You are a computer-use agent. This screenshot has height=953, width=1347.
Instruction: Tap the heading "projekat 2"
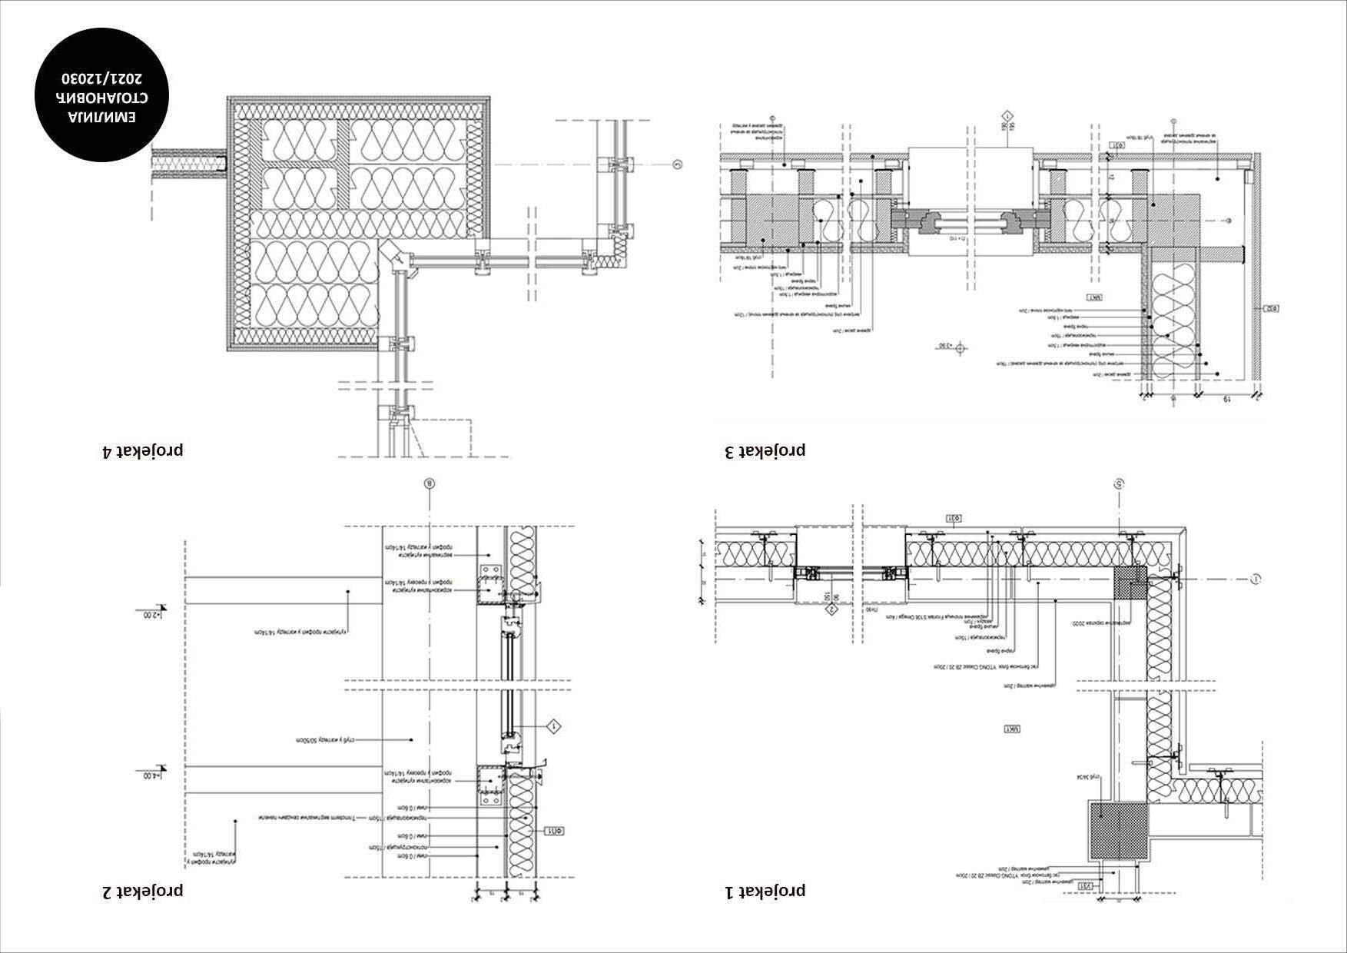click(x=143, y=891)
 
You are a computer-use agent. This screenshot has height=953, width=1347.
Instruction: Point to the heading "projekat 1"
click(x=765, y=891)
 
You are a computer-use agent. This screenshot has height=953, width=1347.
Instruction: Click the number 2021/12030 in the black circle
click(x=102, y=78)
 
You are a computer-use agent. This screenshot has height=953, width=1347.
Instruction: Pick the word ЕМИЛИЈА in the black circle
click(x=102, y=118)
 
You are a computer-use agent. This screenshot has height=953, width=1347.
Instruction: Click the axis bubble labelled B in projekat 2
click(x=430, y=484)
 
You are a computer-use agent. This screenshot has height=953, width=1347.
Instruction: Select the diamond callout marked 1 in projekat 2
click(x=553, y=726)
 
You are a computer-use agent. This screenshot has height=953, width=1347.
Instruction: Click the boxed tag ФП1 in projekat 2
click(x=555, y=830)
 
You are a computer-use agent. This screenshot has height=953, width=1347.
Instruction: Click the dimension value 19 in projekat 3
click(x=1228, y=400)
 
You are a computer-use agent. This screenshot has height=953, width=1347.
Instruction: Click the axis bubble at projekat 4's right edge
click(x=677, y=164)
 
